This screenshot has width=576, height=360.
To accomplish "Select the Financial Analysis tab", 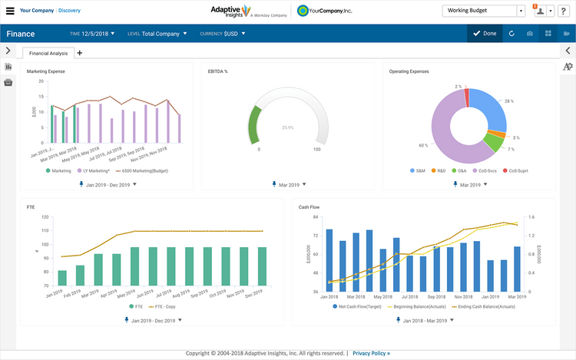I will pyautogui.click(x=48, y=53).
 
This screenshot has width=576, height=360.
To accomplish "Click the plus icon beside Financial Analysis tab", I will pyautogui.click(x=79, y=53).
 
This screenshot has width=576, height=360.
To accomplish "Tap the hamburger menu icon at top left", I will pyautogui.click(x=10, y=12).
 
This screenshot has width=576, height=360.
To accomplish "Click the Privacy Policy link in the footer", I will pyautogui.click(x=371, y=353).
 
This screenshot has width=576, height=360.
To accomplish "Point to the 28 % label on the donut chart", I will pyautogui.click(x=508, y=101).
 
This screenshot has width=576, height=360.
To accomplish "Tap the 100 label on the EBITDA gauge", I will pyautogui.click(x=316, y=150).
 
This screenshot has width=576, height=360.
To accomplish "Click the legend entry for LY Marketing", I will pyautogui.click(x=94, y=170).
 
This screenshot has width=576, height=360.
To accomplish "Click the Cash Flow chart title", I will pyautogui.click(x=309, y=206).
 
